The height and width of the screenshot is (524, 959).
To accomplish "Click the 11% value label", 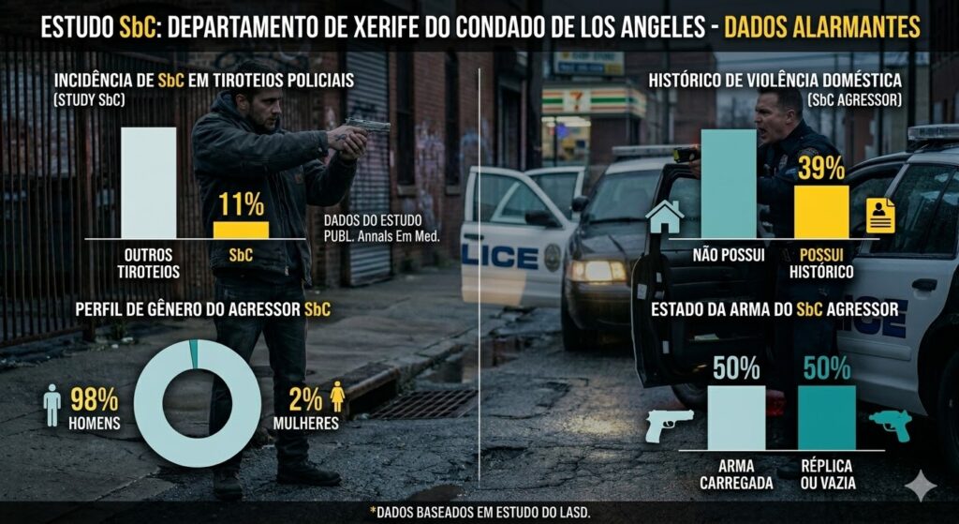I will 241,203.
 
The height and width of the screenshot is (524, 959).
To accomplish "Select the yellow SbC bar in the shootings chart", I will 241,230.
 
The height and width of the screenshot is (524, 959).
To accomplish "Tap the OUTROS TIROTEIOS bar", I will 148,182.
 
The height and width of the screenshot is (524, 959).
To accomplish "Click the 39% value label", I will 821,168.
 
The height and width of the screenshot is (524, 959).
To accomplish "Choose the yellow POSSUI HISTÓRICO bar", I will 821,211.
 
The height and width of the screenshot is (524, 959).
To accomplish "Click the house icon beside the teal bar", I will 665,217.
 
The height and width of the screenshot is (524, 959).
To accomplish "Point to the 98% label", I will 93,398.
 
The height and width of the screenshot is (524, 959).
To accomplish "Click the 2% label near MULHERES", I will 305,398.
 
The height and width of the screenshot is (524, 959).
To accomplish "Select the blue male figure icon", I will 52,407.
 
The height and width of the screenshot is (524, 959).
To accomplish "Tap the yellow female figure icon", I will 337,400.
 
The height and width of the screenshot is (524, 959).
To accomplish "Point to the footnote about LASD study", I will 479,511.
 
